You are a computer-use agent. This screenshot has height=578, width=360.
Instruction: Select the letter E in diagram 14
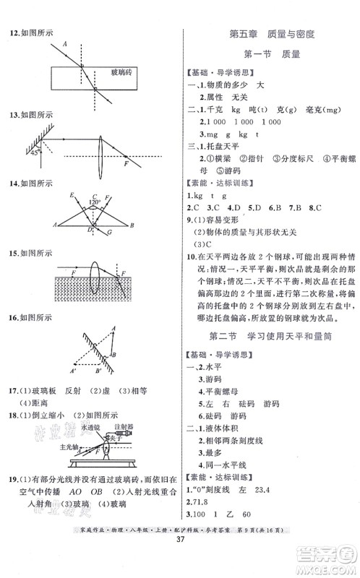[x=72, y=196]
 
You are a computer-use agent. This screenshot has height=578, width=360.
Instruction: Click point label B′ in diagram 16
[x=99, y=371]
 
